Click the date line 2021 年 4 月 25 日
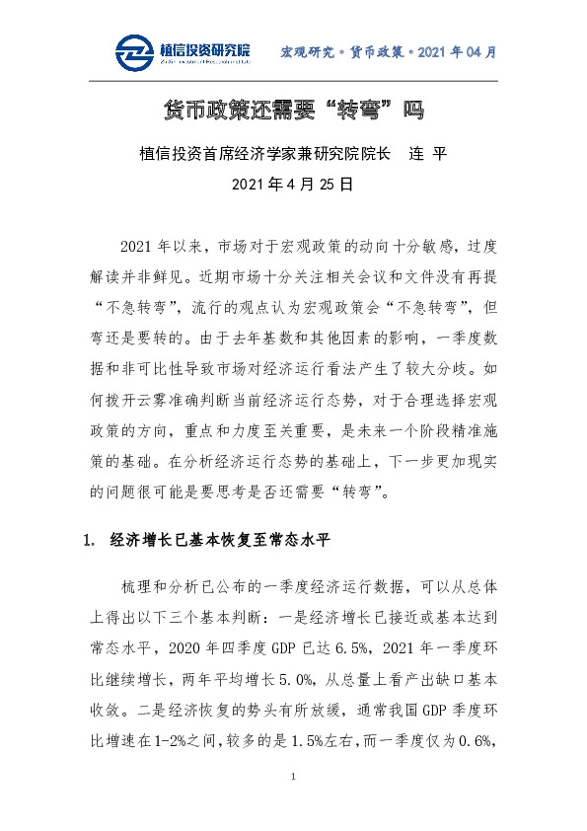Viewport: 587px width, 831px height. (x=293, y=184)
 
